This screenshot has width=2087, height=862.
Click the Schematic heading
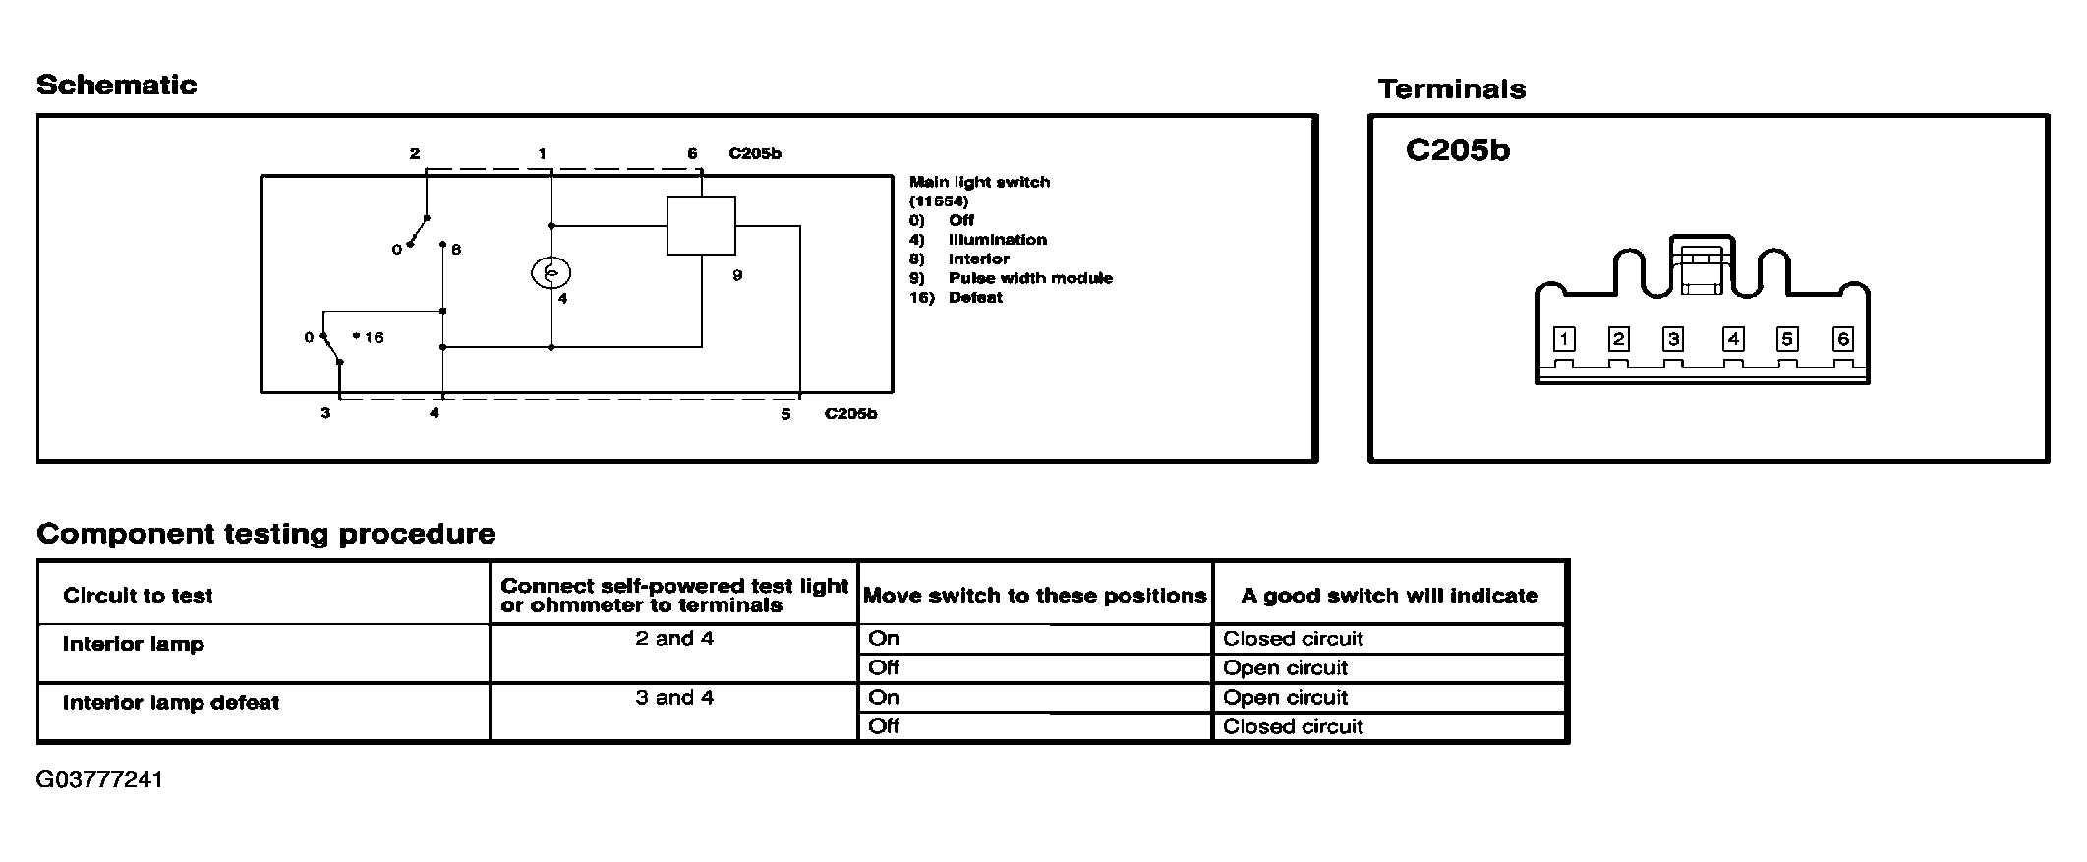pyautogui.click(x=116, y=86)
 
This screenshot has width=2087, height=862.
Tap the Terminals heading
pyautogui.click(x=1451, y=89)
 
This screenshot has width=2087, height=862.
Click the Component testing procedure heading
pyautogui.click(x=265, y=534)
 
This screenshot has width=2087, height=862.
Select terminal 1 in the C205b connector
pyautogui.click(x=1563, y=340)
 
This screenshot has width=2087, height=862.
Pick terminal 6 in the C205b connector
pyautogui.click(x=1842, y=340)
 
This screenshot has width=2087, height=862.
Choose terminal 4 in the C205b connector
pyautogui.click(x=1732, y=340)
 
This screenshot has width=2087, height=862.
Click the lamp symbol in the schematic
pyautogui.click(x=551, y=272)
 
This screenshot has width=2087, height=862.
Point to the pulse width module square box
pyautogui.click(x=701, y=226)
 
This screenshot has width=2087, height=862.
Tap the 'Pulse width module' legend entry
pyautogui.click(x=1029, y=278)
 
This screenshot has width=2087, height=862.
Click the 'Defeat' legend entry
pyautogui.click(x=974, y=298)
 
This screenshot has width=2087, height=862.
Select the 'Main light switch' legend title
pyautogui.click(x=979, y=182)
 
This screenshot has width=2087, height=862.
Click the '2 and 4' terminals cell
pyautogui.click(x=673, y=639)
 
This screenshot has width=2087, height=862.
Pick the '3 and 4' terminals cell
pyautogui.click(x=673, y=698)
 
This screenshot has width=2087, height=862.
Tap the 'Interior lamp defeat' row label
pyautogui.click(x=171, y=703)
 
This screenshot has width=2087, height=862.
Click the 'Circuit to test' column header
pyautogui.click(x=138, y=596)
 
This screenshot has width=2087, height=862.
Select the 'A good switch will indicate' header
pyautogui.click(x=1389, y=596)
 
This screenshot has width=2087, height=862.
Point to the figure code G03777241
pyautogui.click(x=99, y=780)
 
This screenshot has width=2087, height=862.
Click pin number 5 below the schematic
pyautogui.click(x=785, y=414)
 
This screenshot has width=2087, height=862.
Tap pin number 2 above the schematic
pyautogui.click(x=415, y=154)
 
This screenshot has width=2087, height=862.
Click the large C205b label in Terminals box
pyautogui.click(x=1457, y=150)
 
